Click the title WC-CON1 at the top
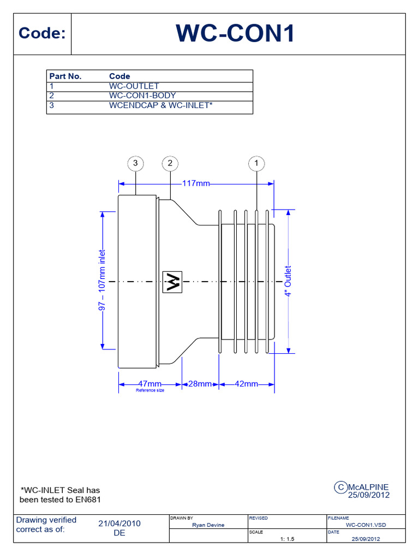click(235, 33)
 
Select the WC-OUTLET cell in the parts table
click(134, 86)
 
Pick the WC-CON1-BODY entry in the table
click(142, 96)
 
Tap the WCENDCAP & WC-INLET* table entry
click(161, 105)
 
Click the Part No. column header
click(65, 76)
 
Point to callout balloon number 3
click(135, 163)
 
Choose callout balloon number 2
click(170, 163)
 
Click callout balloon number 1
click(256, 164)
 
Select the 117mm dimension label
click(196, 183)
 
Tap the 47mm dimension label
click(149, 384)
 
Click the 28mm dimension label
click(200, 384)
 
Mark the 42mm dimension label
click(246, 384)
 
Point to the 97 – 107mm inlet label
click(102, 280)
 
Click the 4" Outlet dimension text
click(288, 281)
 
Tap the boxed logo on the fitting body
click(172, 282)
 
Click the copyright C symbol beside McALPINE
click(340, 487)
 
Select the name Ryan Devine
click(208, 525)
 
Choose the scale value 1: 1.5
click(287, 539)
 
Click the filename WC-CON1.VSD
click(366, 525)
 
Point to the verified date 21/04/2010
click(119, 524)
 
